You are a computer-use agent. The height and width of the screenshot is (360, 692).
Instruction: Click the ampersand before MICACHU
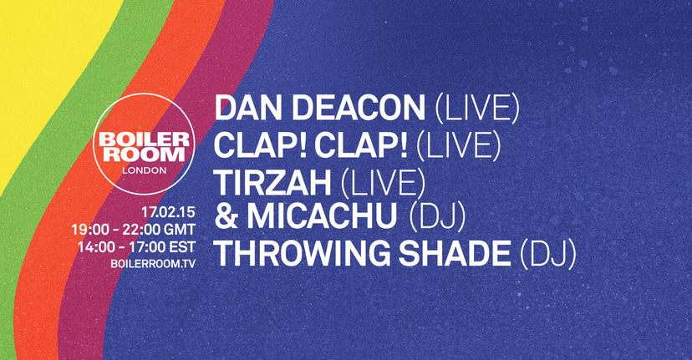point(226,216)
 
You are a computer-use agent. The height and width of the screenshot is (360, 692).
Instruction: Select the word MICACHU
point(318,216)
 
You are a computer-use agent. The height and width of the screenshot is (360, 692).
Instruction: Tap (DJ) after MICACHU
point(437,216)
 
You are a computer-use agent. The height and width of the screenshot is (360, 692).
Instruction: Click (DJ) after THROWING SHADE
point(547,253)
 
